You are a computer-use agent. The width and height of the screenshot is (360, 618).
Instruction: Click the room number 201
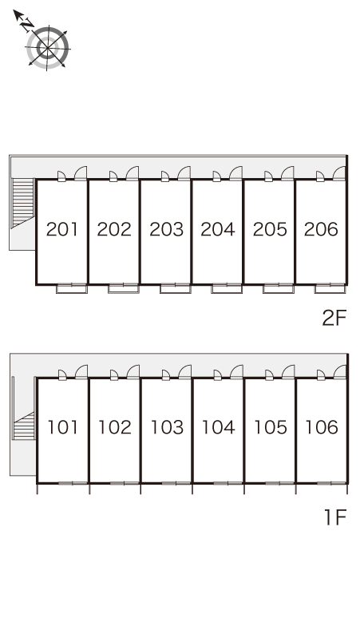tap(62, 229)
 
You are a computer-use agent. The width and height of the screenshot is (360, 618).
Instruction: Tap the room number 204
tap(218, 229)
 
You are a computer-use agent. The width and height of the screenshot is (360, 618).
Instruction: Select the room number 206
tap(321, 229)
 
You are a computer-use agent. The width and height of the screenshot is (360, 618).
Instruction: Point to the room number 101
tap(62, 427)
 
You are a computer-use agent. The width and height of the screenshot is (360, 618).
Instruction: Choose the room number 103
tap(167, 427)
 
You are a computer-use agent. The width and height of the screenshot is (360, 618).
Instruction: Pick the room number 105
tap(271, 427)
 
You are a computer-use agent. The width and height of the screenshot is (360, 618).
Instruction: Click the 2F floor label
tap(334, 318)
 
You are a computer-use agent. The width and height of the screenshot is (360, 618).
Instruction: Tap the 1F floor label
tap(335, 517)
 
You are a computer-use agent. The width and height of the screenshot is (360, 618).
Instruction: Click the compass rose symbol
tap(48, 48)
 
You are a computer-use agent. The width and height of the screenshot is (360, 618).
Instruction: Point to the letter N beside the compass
tap(27, 25)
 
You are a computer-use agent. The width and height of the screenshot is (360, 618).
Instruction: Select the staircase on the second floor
tap(22, 203)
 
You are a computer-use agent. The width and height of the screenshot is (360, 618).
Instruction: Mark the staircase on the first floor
tap(24, 426)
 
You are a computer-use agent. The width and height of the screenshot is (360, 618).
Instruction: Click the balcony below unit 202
tap(123, 289)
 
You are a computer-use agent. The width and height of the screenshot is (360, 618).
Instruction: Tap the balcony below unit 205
tap(279, 289)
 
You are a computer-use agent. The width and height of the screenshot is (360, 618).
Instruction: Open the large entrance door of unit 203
tap(184, 173)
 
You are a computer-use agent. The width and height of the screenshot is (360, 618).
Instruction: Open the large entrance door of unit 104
tap(237, 372)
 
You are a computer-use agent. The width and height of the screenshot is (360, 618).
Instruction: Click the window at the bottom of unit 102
tap(124, 483)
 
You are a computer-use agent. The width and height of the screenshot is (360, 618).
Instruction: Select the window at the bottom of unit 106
tap(331, 483)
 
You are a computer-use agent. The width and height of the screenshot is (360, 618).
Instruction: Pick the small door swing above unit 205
tap(269, 176)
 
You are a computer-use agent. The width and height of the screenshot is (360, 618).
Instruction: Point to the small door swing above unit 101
tap(62, 375)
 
